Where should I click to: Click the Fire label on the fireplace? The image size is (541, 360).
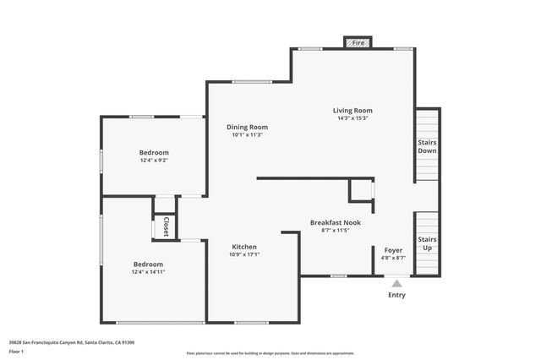(358, 42)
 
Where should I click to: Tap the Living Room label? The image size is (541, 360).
(352, 110)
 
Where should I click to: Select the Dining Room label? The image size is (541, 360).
(247, 127)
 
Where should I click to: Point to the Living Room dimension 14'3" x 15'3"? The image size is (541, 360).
(352, 118)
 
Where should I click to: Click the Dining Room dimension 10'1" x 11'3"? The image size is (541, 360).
(247, 135)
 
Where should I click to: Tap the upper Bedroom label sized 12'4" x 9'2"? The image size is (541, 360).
(154, 152)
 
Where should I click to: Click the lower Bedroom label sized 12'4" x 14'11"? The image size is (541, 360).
(147, 264)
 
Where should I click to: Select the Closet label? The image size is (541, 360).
(166, 226)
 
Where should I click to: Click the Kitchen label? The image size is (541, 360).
(244, 247)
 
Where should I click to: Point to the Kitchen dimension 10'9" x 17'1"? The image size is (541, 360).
(244, 255)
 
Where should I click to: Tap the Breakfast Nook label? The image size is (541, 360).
(335, 222)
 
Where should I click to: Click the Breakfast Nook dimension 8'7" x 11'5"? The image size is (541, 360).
(335, 231)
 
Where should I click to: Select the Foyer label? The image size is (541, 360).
(393, 250)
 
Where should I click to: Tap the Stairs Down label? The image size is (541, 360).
(427, 146)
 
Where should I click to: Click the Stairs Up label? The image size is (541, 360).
(427, 243)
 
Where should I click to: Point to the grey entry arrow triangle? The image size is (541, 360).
(396, 284)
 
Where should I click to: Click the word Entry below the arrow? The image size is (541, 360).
(396, 295)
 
